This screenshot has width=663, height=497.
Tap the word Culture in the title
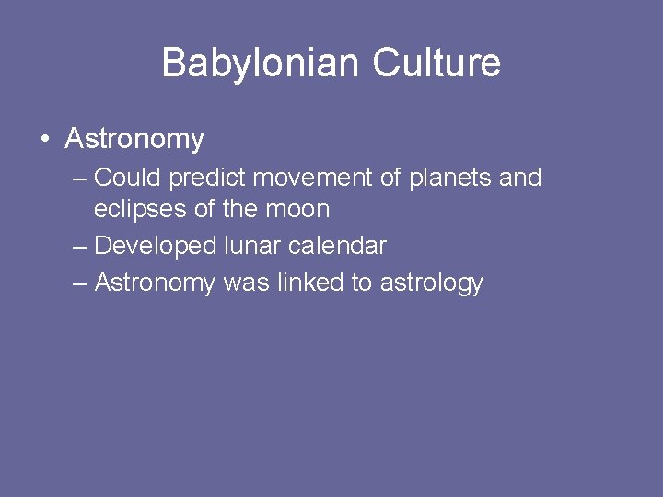436,64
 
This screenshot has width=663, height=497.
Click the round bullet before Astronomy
44,140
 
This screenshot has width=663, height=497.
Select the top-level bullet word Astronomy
134,140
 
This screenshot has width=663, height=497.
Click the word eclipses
140,210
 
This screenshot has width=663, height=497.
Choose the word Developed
156,247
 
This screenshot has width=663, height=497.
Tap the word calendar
341,247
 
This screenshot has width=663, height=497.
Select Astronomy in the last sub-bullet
155,283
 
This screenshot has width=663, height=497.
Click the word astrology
430,283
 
